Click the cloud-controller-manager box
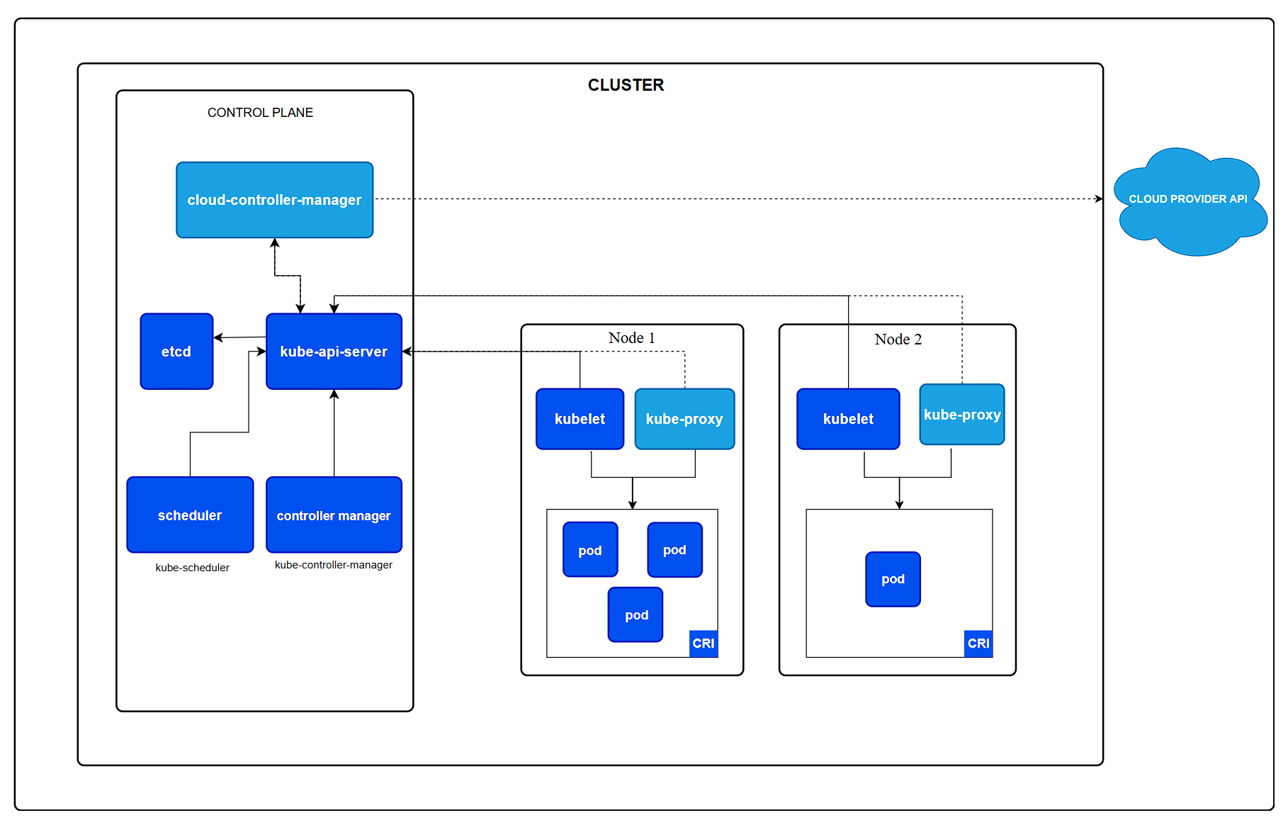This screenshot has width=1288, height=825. pos(274,200)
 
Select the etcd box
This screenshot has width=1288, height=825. pos(176,352)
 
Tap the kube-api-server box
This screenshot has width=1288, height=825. pos(334,352)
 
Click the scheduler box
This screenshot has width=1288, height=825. pos(190,515)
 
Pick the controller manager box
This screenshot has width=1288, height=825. pos(334,515)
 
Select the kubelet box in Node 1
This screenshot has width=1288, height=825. pos(580,419)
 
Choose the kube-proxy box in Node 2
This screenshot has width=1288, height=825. pos(961,415)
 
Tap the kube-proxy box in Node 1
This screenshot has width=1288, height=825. pos(684,419)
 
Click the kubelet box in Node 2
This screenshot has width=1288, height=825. pos(848,419)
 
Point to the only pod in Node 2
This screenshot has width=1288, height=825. pos(893,579)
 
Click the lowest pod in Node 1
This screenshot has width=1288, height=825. pos(635,614)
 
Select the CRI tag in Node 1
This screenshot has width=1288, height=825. pos(704,644)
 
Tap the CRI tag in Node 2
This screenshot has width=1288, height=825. pos(978,644)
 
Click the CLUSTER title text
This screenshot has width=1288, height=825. pos(626,85)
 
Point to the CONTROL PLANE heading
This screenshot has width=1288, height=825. pos(260,113)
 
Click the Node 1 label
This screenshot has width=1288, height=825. pos(631,338)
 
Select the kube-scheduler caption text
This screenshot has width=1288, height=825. pos(192,568)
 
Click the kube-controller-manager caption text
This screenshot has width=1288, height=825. pos(333,565)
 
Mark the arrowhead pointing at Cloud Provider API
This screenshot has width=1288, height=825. pos(1099,199)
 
